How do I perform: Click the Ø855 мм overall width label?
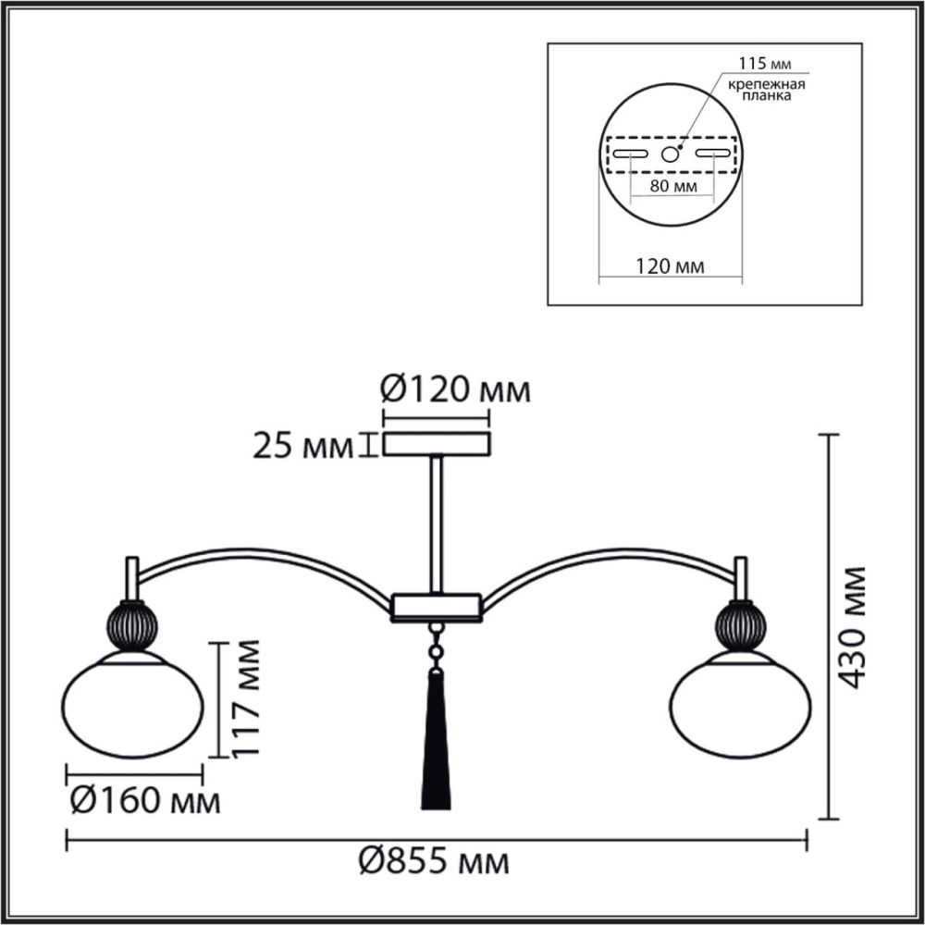[x=433, y=863]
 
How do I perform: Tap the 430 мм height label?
[x=853, y=626]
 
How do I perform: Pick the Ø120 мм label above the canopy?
[x=456, y=390]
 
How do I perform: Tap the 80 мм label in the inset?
[x=672, y=187]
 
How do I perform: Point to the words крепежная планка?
[x=763, y=90]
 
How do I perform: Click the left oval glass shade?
[x=133, y=704]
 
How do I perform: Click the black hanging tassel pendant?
[x=435, y=740]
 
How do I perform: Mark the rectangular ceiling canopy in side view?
[x=437, y=443]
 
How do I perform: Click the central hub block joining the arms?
[x=436, y=607]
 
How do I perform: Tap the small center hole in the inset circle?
[x=671, y=154]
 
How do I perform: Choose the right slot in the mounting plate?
[x=712, y=154]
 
